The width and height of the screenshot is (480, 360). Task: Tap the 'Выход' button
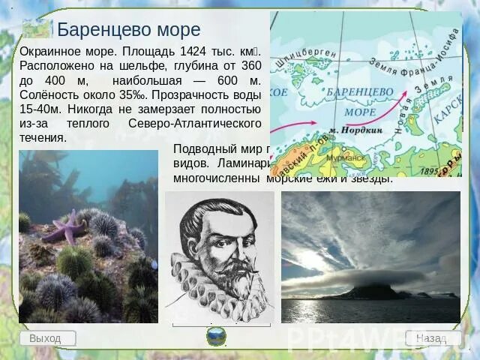(47, 338)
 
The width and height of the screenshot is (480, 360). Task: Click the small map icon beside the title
(37, 29)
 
